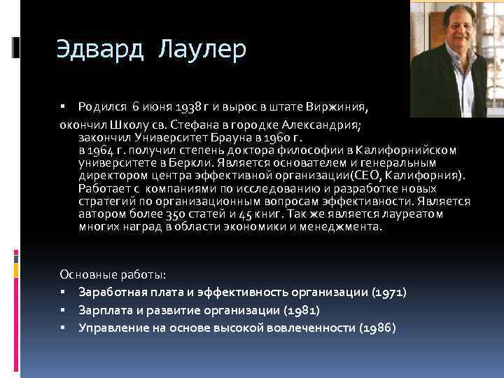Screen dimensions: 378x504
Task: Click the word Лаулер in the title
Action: [203, 50]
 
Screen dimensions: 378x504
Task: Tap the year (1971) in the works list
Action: [390, 291]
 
